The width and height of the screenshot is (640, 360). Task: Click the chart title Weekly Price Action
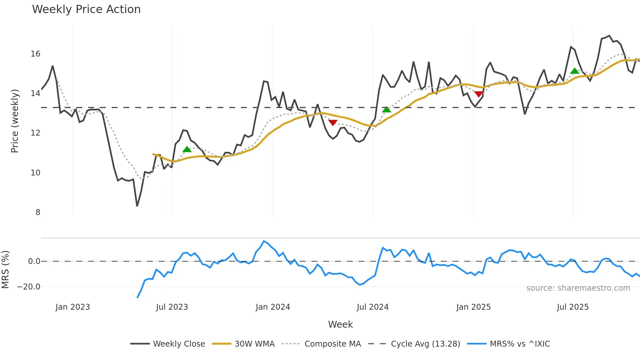pos(86,9)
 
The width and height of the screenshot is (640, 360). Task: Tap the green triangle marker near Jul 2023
pos(187,150)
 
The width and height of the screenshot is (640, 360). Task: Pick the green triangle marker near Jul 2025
pos(575,71)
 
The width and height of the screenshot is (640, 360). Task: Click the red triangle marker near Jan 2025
pos(479,94)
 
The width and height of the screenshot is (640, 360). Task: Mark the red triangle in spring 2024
pos(333,123)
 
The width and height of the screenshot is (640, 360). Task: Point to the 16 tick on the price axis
pos(35,54)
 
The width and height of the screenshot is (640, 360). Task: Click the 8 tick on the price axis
pos(38,212)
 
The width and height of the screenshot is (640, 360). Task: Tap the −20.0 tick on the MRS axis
pos(28,287)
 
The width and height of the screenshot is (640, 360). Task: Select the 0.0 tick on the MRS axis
pos(34,261)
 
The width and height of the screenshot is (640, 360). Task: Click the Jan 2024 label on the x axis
pos(273,307)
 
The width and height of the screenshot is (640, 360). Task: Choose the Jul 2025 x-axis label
pos(573,307)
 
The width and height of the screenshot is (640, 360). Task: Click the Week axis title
pos(340,324)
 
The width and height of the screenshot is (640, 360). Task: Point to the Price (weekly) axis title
pos(15,121)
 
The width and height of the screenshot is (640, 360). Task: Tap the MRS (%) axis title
pos(6,270)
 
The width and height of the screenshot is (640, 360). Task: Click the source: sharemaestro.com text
pos(578,288)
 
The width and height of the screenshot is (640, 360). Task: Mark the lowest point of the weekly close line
pos(137,206)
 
